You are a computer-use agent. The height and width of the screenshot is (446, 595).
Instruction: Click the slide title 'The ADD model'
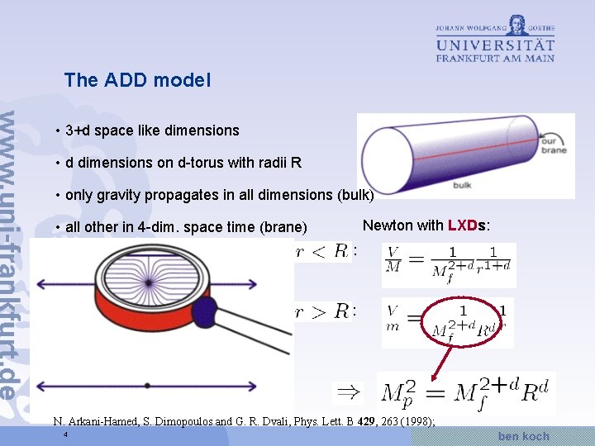click(137, 80)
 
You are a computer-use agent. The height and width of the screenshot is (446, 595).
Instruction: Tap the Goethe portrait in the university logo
click(518, 24)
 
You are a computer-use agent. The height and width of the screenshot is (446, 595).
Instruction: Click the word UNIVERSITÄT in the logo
click(495, 45)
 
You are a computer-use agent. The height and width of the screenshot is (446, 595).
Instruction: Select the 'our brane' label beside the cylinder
click(553, 144)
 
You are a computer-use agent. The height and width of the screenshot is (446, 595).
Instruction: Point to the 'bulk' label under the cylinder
click(463, 186)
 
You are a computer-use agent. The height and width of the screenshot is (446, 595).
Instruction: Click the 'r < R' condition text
click(322, 251)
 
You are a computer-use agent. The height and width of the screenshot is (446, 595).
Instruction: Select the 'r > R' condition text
click(322, 311)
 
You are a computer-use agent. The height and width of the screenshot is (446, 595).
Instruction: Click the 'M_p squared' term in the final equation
click(402, 392)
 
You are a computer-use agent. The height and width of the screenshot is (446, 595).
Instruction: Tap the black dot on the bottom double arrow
click(147, 386)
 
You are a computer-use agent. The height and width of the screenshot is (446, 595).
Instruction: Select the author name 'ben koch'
click(523, 435)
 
